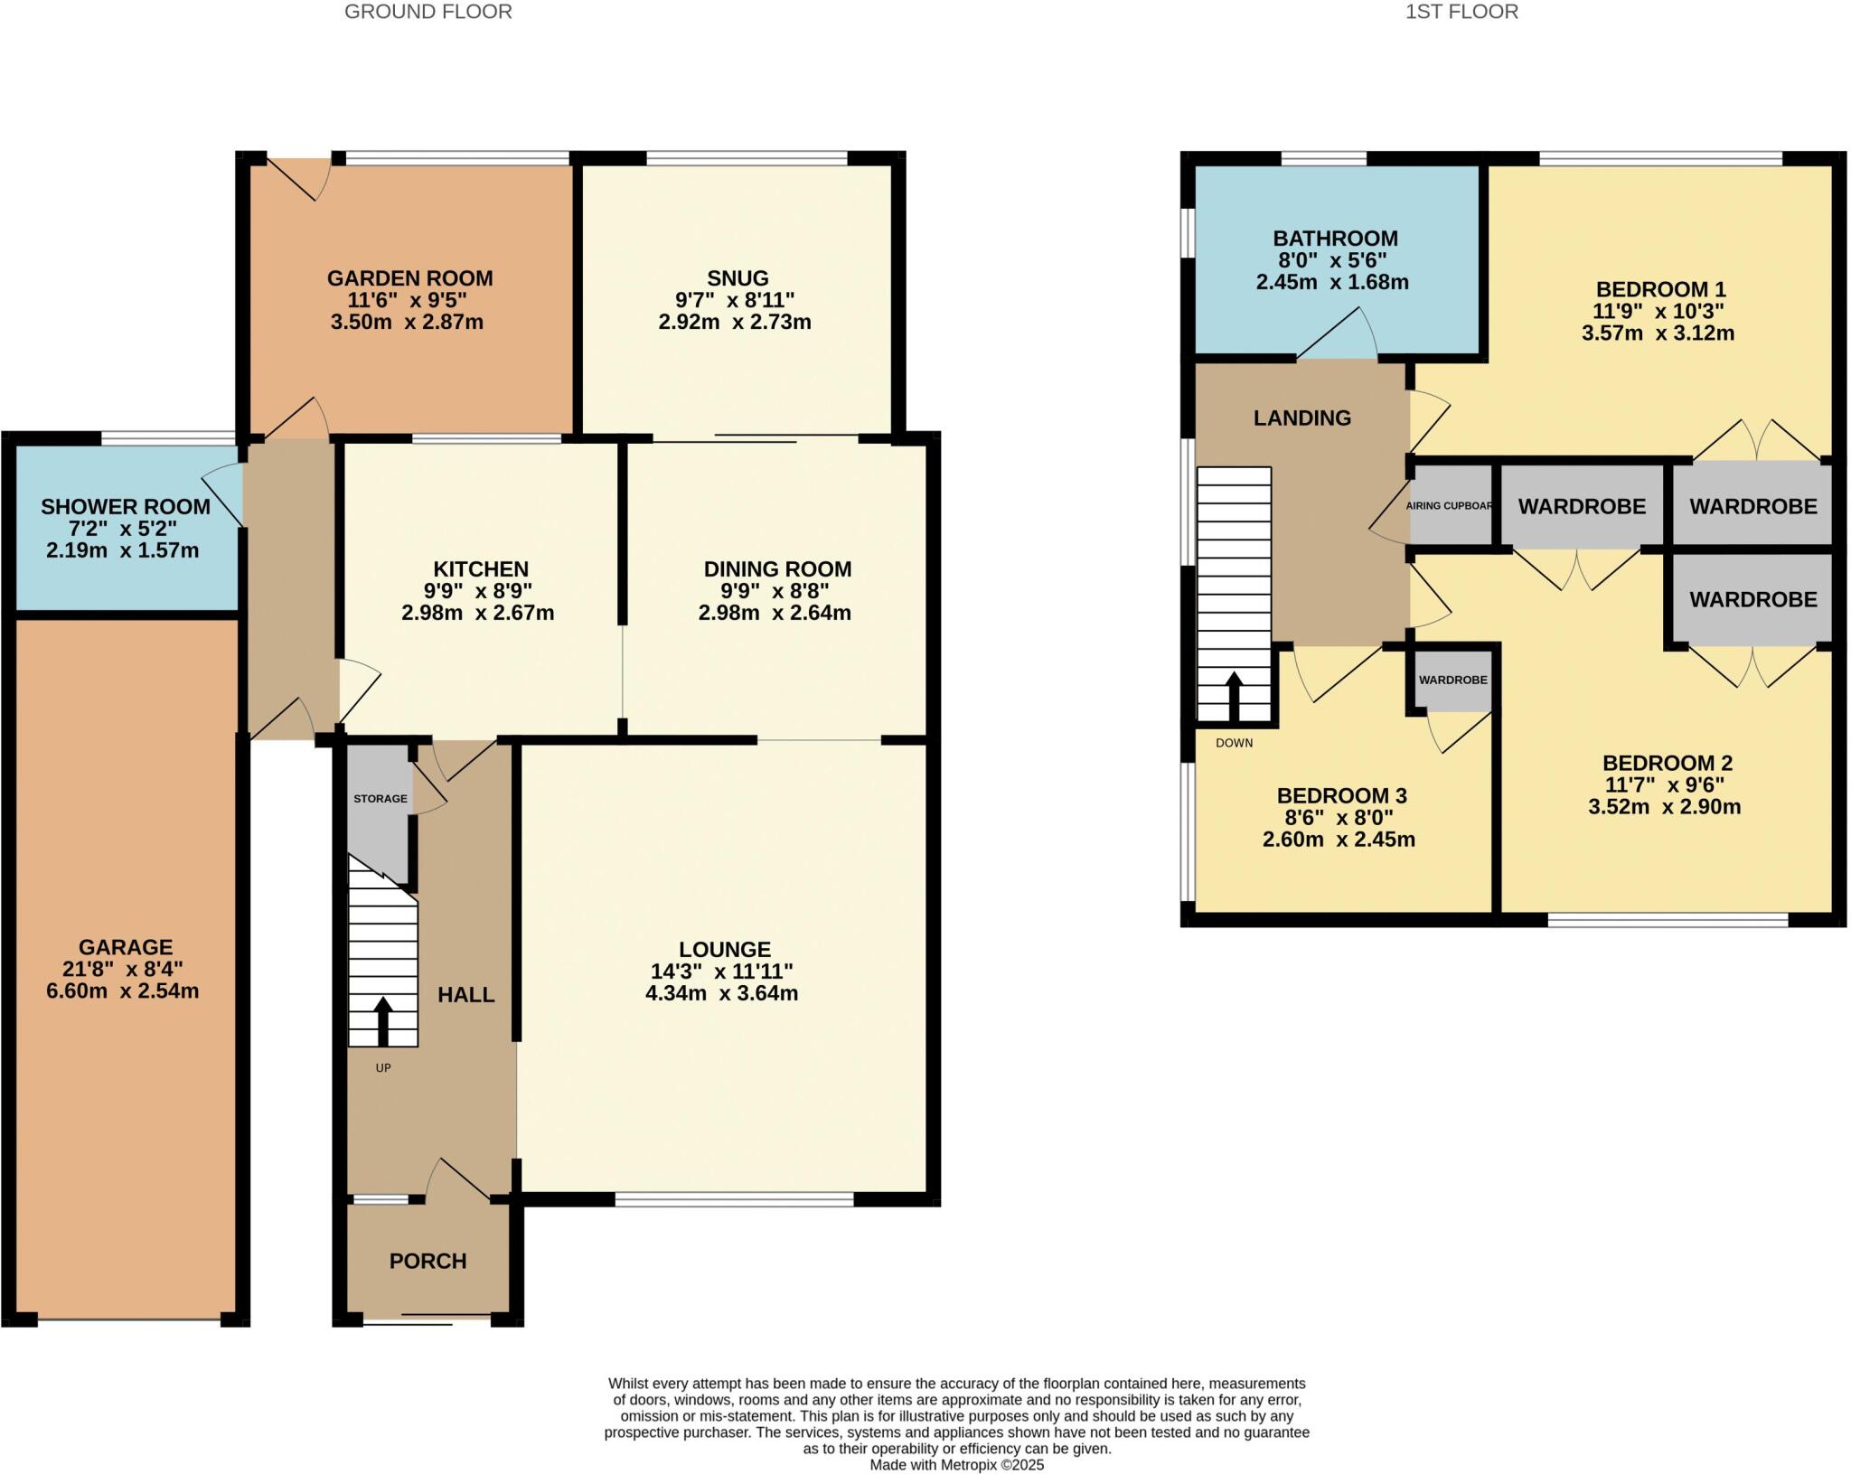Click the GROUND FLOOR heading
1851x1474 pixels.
coord(428,12)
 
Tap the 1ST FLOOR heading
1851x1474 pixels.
coord(1461,12)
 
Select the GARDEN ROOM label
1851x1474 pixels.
coord(409,278)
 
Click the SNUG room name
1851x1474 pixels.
coord(738,278)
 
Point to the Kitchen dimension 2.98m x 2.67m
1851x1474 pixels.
coord(477,613)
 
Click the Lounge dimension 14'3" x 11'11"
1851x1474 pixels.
coord(722,972)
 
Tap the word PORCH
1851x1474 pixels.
coord(428,1261)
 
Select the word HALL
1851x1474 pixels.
coord(465,995)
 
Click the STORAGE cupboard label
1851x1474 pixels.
coord(380,799)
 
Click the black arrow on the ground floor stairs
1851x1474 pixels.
coord(382,1020)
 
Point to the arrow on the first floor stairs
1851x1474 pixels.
coord(1233,695)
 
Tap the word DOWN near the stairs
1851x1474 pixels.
coord(1234,743)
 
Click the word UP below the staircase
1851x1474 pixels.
coord(383,1068)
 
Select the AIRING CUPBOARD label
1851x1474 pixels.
coord(1449,506)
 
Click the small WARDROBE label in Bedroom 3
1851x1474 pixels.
coord(1452,680)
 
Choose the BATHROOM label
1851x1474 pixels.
coord(1335,239)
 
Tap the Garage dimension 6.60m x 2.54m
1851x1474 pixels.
coord(123,991)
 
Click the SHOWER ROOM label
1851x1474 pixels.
coord(126,507)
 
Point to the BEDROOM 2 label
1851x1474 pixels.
coord(1667,763)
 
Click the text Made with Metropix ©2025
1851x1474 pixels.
coord(956,1465)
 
